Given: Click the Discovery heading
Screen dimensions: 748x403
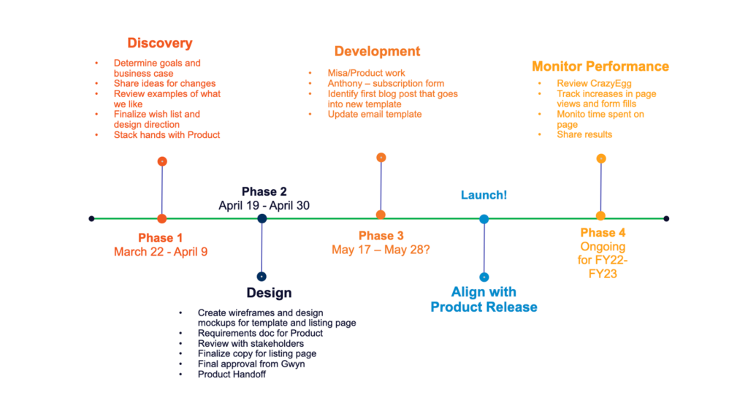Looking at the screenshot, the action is [x=160, y=43].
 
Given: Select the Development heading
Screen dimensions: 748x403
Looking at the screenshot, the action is [x=377, y=51].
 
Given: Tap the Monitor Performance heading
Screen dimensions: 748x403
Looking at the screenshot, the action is [x=600, y=66].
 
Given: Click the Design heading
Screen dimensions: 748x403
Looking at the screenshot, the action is [x=269, y=293].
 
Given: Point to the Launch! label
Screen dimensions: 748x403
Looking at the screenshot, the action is [x=484, y=195].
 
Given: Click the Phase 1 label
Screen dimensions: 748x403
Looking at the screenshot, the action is [x=160, y=237].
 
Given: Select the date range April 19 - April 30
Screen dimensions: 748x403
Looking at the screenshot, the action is [x=264, y=206].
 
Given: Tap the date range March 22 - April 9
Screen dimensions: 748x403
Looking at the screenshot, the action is [x=160, y=252].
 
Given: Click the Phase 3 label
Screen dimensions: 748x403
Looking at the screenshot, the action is [x=381, y=236].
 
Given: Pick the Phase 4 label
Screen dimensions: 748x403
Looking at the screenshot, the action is [x=603, y=233].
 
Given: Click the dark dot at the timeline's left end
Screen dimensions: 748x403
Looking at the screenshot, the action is [x=91, y=219].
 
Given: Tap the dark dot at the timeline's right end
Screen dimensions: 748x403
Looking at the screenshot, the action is [x=666, y=219].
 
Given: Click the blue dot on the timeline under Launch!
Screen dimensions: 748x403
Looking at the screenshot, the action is [x=484, y=219].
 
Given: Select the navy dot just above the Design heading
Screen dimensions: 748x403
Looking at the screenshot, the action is [x=262, y=277].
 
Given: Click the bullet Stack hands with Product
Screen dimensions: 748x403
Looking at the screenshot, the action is [x=167, y=135].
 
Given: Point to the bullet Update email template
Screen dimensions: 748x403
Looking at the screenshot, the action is [x=375, y=115].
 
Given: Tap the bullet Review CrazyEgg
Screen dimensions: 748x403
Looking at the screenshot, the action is [x=594, y=83].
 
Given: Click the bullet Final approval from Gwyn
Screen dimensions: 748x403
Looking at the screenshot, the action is [x=251, y=364].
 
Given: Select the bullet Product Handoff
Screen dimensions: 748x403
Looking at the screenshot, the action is [x=232, y=375].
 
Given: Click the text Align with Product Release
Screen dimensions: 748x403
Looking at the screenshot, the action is [x=484, y=299].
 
